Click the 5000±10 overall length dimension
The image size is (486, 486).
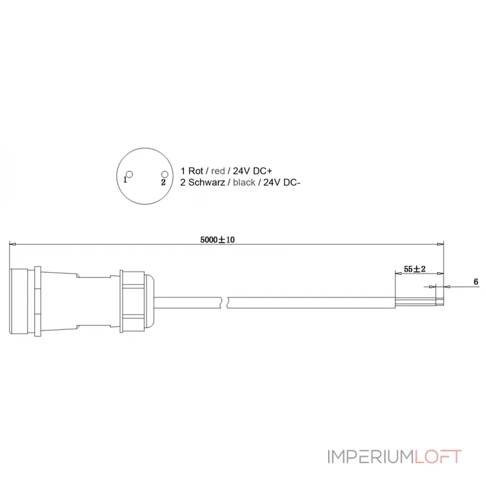click(217, 240)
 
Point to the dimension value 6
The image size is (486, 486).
click(476, 282)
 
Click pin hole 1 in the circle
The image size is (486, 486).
click(129, 174)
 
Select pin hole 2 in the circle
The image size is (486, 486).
click(164, 174)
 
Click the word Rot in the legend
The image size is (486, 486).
click(196, 171)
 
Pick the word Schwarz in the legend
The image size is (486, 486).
click(207, 182)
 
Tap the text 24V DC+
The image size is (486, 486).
click(251, 171)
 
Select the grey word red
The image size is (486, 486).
click(218, 171)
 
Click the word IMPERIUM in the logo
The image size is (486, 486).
click(371, 456)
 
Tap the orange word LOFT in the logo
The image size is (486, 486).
click(438, 456)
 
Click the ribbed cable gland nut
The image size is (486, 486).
click(132, 300)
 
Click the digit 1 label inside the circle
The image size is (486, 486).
click(125, 180)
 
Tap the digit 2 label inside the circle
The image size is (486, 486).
click(163, 182)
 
